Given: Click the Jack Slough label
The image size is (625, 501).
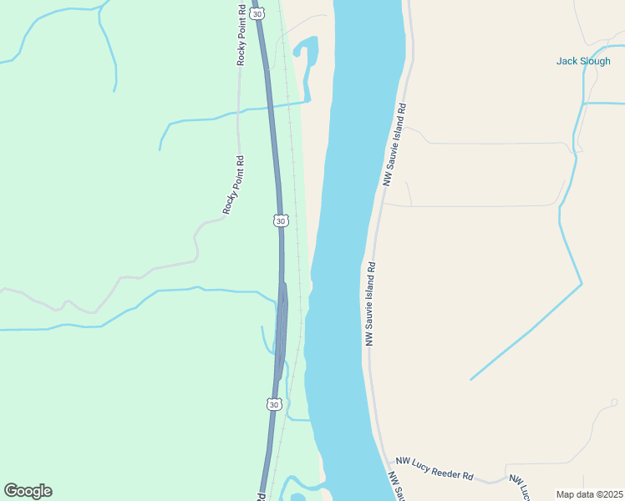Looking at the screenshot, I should (x=583, y=61).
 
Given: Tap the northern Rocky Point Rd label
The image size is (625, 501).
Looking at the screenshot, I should (x=241, y=35).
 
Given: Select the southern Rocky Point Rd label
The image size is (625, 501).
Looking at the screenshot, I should (x=232, y=185).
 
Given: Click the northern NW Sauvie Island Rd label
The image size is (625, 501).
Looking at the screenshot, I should (x=394, y=144).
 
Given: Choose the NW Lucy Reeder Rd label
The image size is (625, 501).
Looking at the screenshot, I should (x=434, y=468).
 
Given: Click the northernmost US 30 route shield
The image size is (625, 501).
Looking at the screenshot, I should (x=257, y=13).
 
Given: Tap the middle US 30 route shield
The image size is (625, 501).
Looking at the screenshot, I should (x=281, y=220).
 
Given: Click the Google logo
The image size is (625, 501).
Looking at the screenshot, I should (x=28, y=491).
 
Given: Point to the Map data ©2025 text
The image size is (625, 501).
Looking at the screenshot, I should (x=589, y=494).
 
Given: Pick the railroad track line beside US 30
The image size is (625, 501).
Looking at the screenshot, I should (x=293, y=167).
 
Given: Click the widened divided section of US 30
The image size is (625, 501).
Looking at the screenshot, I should (x=282, y=334).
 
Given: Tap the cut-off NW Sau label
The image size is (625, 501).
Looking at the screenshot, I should (x=397, y=487).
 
